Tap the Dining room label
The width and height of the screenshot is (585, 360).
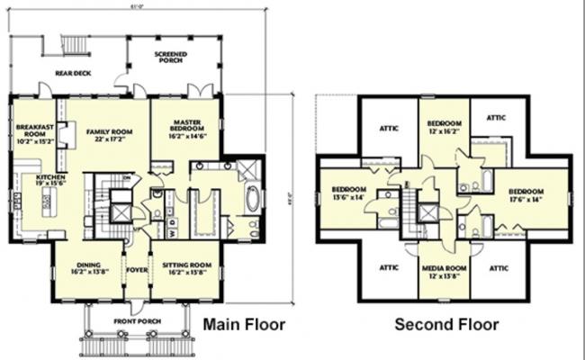(88, 267)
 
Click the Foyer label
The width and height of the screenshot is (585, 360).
(137, 267)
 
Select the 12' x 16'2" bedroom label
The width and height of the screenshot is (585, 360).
(445, 126)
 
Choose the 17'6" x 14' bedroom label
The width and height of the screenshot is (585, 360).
(526, 195)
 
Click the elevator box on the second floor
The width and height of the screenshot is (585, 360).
(429, 214)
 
